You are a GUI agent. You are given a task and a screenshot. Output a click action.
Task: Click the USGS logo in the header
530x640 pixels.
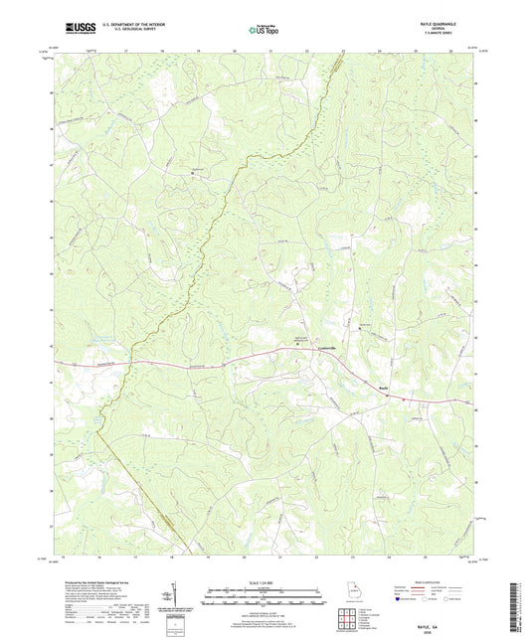point(77,28)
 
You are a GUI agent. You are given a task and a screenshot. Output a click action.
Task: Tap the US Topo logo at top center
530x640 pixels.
point(264,30)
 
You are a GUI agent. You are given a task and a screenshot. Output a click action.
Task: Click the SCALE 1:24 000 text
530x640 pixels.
point(265,581)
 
